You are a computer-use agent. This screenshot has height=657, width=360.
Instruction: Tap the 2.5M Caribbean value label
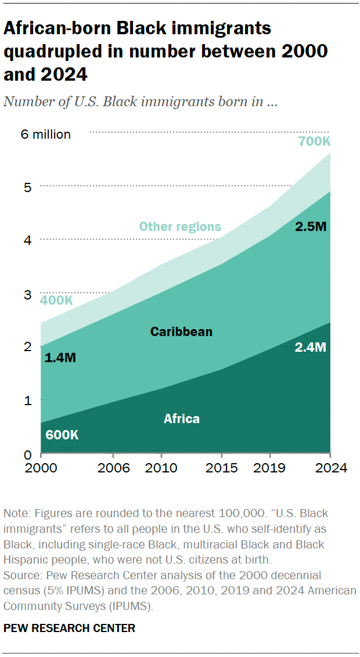(311, 227)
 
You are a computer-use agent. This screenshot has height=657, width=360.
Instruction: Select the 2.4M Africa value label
(311, 348)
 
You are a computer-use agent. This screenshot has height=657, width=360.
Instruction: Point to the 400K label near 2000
(56, 300)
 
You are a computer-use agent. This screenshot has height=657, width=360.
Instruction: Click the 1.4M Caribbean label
(60, 358)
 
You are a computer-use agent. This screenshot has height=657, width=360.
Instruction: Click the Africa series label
(181, 418)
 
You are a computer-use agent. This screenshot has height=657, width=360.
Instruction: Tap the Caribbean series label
(181, 332)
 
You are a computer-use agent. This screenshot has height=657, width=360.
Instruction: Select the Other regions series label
(180, 226)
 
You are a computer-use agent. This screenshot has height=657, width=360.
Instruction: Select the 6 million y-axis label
(45, 135)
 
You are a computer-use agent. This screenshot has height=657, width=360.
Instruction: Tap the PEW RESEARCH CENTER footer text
(69, 628)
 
